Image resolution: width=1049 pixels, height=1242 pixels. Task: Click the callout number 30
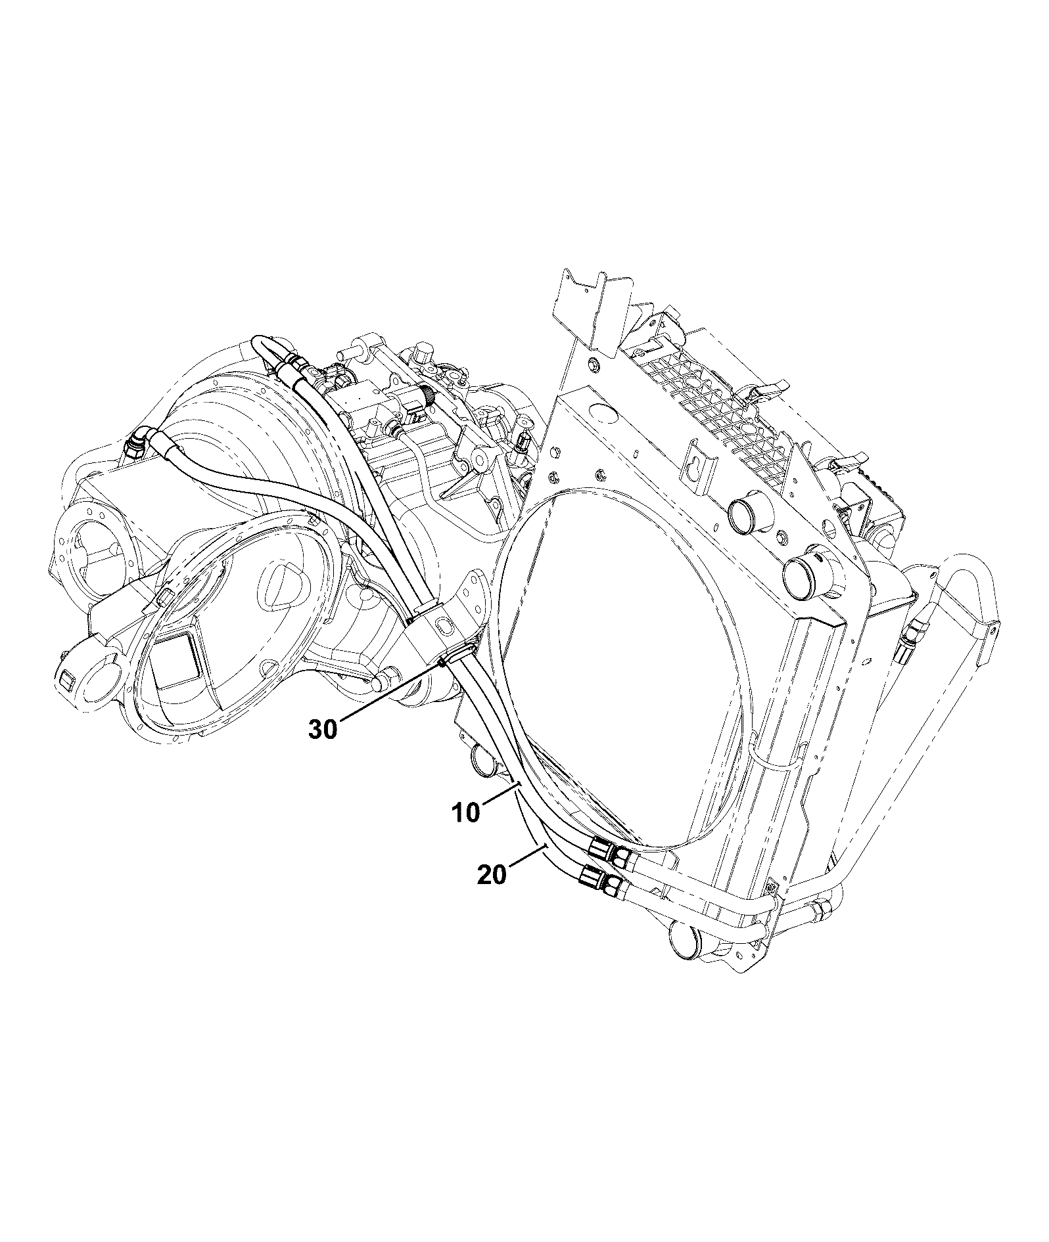tap(323, 729)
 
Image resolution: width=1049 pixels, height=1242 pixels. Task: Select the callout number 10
tap(466, 812)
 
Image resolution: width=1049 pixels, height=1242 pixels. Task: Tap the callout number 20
tap(492, 875)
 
